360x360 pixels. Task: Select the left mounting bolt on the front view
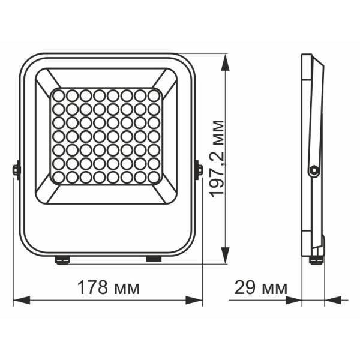point(16,170)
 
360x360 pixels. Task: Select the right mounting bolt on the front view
point(199,170)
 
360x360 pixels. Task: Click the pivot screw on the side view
point(312,170)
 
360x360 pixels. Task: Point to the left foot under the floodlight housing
point(61,259)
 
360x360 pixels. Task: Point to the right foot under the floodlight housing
point(154,259)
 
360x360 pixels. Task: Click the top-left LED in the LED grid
point(58,95)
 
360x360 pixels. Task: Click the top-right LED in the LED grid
point(154,95)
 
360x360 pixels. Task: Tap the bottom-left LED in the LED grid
point(58,178)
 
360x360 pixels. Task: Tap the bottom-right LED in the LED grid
point(154,178)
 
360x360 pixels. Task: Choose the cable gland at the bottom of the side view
point(315,259)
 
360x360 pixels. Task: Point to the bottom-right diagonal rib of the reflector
point(166,193)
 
